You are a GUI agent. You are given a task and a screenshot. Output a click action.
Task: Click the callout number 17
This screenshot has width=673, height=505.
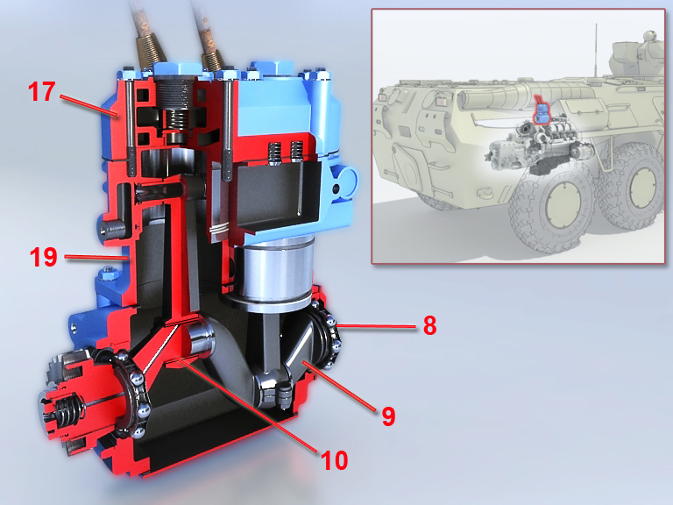coord(42,91)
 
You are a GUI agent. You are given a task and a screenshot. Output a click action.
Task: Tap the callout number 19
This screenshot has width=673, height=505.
coord(43,257)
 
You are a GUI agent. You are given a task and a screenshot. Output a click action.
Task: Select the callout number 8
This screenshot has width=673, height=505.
coord(429,325)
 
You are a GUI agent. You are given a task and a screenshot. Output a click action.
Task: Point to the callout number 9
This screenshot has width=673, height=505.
coord(388,416)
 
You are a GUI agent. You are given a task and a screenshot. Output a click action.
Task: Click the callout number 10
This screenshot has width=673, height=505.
coord(335,460)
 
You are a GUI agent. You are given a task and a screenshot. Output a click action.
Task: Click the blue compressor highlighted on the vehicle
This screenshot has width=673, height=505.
coord(542,113)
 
